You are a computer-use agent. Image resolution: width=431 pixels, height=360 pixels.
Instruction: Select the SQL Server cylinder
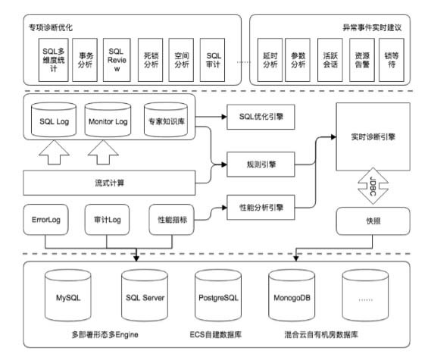[144, 298]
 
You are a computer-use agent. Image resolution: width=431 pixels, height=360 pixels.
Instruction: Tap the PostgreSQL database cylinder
[218, 298]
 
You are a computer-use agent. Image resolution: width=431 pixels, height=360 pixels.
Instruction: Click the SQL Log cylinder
[53, 119]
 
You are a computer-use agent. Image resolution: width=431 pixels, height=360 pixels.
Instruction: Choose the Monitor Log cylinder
[108, 119]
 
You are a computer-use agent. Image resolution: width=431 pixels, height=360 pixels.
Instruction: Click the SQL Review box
[115, 60]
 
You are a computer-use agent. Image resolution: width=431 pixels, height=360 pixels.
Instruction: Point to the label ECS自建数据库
[217, 335]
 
